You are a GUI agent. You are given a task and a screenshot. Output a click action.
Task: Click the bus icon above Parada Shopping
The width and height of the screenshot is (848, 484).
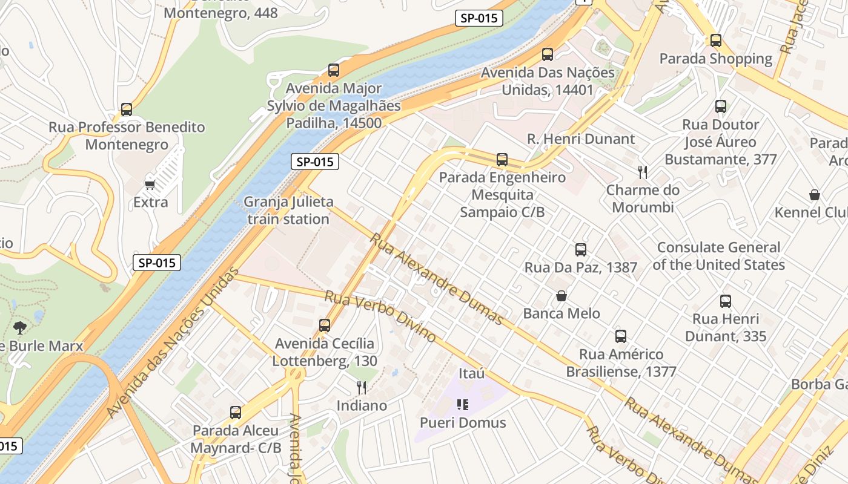pos(716,41)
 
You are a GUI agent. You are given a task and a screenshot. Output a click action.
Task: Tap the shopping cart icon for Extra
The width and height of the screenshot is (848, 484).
pos(150,184)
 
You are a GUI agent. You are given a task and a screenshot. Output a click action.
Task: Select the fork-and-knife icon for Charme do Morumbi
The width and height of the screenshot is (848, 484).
pos(643,172)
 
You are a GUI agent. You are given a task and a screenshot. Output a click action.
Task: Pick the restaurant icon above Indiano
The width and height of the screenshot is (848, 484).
pos(362,387)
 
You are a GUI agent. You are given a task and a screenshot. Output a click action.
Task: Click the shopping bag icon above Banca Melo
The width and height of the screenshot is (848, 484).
pos(561,296)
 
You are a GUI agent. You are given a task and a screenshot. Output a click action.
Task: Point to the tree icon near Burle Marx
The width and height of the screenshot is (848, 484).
pos(20,328)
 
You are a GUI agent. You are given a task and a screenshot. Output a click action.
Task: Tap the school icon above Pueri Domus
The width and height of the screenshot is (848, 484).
pos(463,404)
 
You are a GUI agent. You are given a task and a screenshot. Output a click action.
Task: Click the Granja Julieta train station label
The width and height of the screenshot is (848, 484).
pos(288,210)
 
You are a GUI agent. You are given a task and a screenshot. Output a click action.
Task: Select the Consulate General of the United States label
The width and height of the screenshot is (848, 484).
pos(718,256)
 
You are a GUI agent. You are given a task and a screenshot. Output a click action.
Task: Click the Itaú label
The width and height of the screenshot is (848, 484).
pos(472,373)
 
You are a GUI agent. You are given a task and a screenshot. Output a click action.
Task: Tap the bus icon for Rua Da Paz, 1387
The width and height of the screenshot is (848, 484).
pos(580,249)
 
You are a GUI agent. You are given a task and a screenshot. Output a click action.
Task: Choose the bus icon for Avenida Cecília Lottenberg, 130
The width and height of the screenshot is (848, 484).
pos(325,325)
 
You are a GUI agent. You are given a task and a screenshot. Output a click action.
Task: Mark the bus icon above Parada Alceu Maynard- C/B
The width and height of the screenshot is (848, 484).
pos(236,413)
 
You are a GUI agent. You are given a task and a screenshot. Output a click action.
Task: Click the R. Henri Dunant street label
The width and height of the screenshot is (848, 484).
pos(581,139)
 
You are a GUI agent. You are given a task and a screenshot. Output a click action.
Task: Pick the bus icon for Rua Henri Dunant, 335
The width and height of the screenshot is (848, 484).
pos(726,301)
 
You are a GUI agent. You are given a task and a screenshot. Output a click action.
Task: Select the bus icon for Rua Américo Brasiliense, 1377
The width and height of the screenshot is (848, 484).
pos(621,336)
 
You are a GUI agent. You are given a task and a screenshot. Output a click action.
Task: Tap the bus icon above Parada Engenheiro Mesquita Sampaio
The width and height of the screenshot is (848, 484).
pos(502,160)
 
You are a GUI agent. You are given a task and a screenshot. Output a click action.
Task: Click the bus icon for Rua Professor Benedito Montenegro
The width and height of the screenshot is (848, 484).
pos(127,110)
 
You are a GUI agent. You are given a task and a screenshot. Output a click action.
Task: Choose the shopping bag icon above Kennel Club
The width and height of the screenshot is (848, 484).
pos(815,195)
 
